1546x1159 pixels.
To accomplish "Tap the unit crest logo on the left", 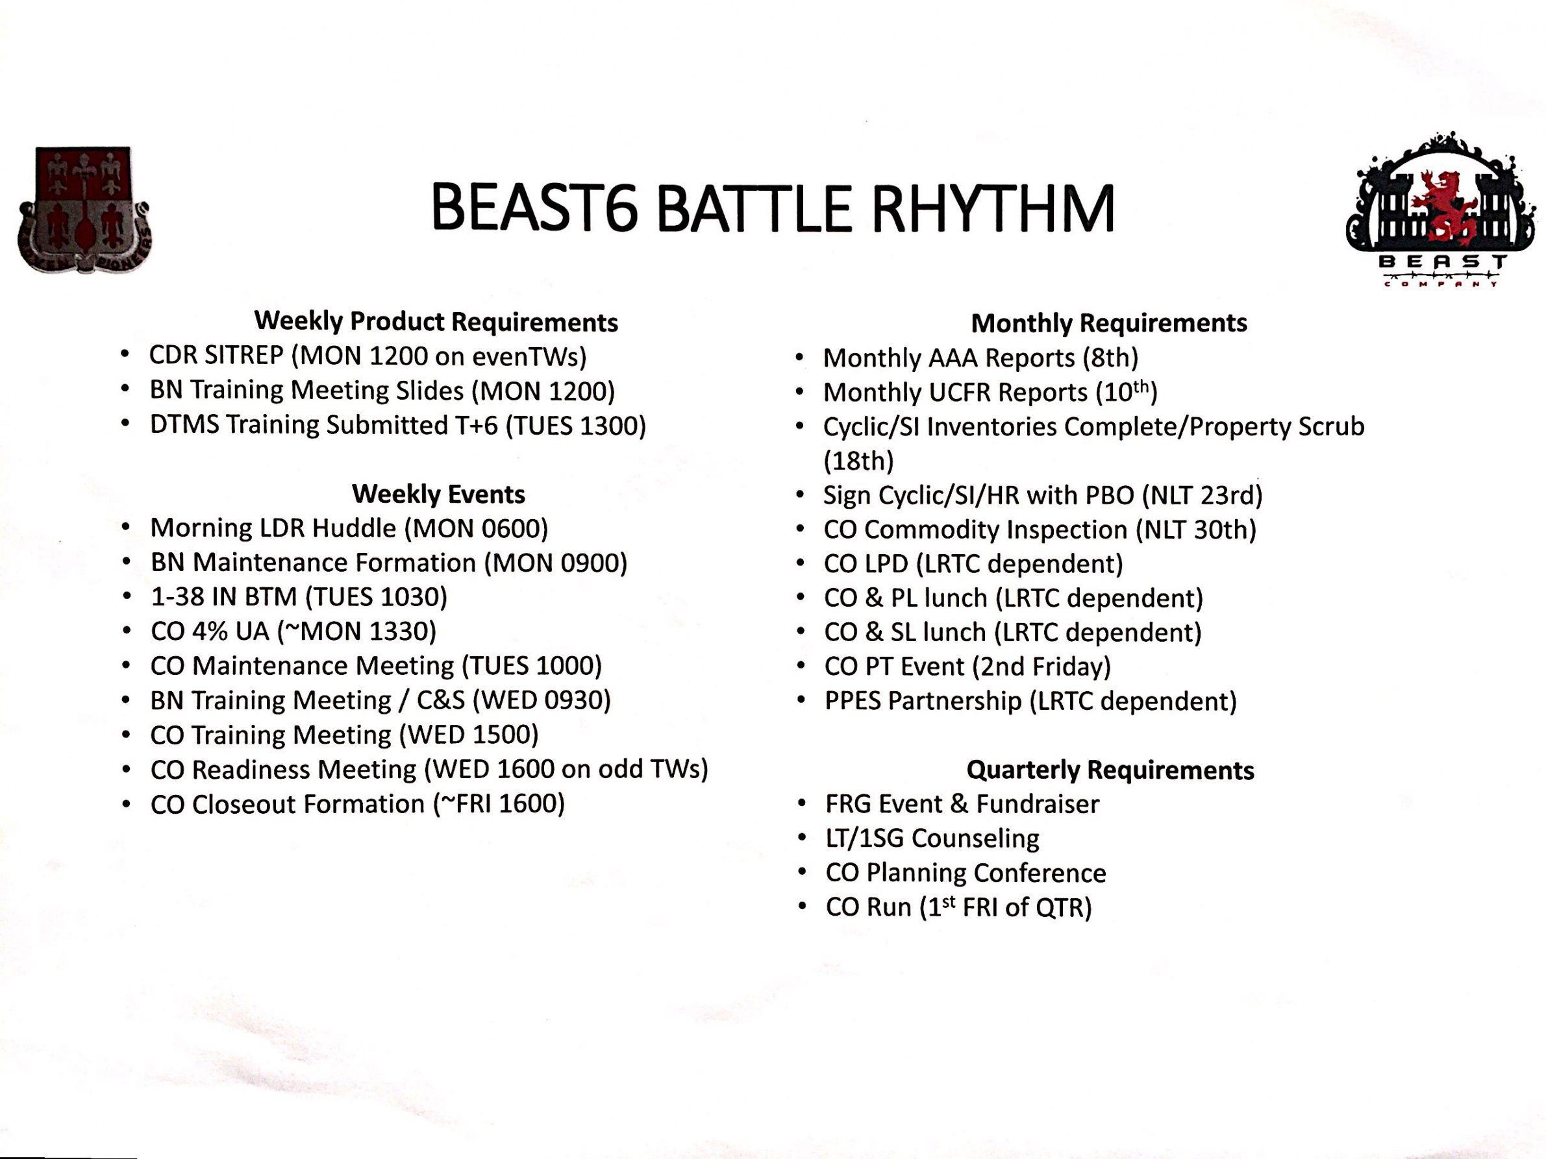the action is click(x=84, y=210).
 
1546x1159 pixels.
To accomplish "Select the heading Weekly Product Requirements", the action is click(x=436, y=321).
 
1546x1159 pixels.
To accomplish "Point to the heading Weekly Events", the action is click(x=438, y=494).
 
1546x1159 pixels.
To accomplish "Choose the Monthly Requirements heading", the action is click(x=1109, y=323).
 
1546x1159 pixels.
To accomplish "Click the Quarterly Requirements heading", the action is click(x=1110, y=770).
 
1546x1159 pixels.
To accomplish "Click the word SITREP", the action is click(x=244, y=356).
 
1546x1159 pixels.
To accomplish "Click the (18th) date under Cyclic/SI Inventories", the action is click(x=859, y=461).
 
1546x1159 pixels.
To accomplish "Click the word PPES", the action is click(x=853, y=701).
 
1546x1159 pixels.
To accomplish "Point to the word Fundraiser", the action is click(x=1037, y=804).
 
